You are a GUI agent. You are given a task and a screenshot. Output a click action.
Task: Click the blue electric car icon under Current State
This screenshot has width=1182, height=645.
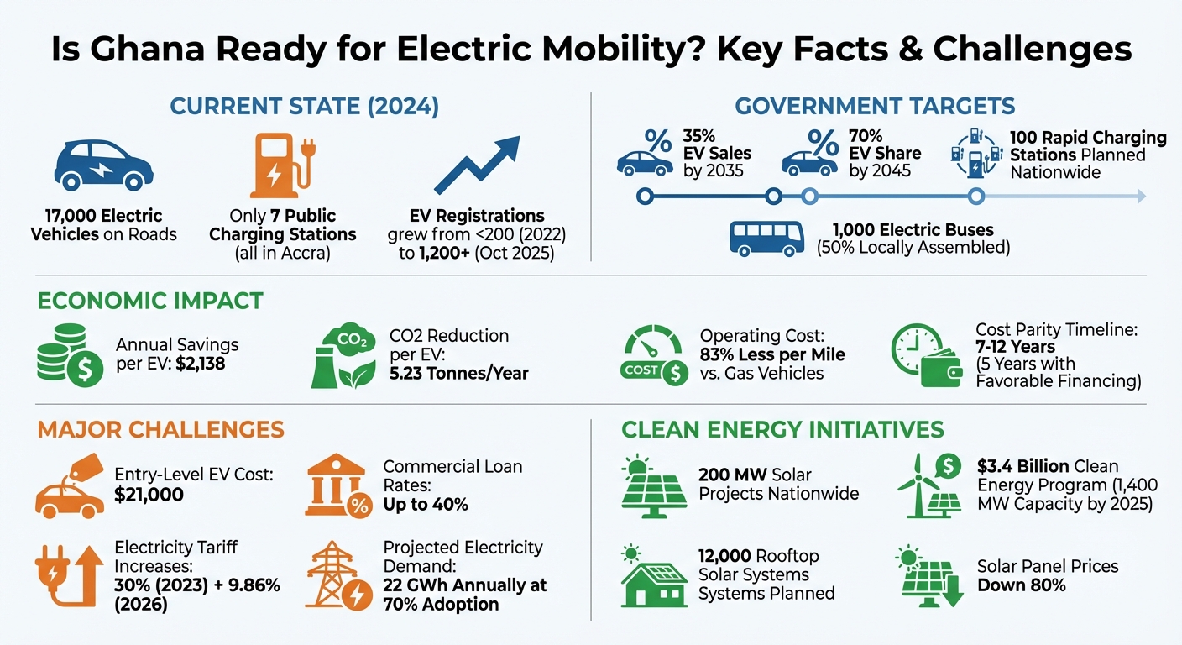pyautogui.click(x=103, y=165)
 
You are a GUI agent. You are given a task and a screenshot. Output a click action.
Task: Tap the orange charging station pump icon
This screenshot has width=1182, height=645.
pyautogui.click(x=276, y=166)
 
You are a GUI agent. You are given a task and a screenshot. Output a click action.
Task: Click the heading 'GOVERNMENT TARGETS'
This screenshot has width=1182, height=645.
pyautogui.click(x=875, y=107)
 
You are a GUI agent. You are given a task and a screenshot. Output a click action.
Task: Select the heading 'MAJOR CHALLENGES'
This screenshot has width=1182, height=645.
pyautogui.click(x=160, y=430)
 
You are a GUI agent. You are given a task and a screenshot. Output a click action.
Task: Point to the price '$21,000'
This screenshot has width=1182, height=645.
pyautogui.click(x=149, y=495)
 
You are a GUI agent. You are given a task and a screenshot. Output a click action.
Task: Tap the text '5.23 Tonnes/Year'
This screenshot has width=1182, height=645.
pyautogui.click(x=459, y=374)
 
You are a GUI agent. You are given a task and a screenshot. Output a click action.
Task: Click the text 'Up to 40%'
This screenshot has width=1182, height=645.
pyautogui.click(x=426, y=504)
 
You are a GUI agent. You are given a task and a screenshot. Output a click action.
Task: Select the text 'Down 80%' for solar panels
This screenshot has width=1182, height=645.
pyautogui.click(x=1021, y=585)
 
